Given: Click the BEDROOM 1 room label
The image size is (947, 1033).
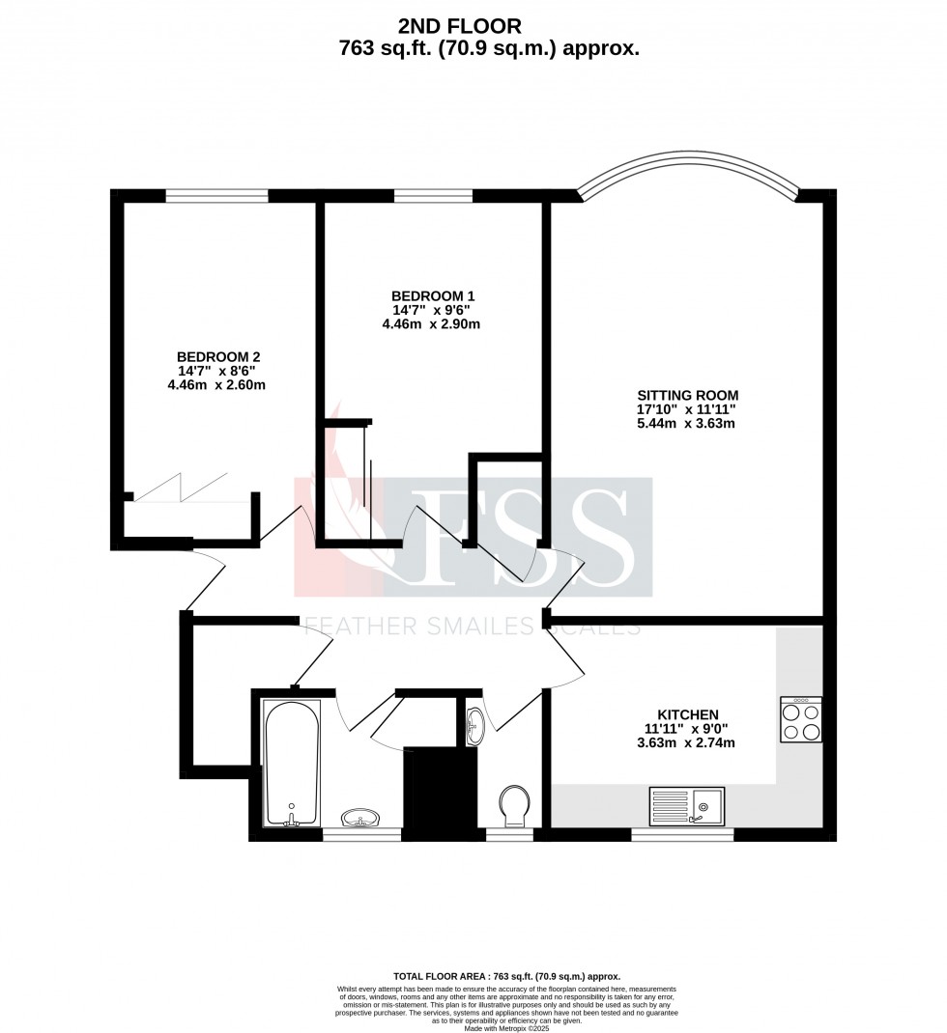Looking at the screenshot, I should pyautogui.click(x=432, y=295).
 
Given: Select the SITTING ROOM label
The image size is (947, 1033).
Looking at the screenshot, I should pyautogui.click(x=687, y=395).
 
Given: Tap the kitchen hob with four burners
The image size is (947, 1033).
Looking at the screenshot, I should pyautogui.click(x=801, y=720).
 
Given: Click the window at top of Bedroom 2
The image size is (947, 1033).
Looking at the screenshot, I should pyautogui.click(x=216, y=196).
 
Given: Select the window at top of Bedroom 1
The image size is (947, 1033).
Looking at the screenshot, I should pyautogui.click(x=433, y=196).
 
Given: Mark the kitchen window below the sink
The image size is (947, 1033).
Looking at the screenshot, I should pyautogui.click(x=682, y=833).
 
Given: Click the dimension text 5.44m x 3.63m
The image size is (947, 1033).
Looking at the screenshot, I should pyautogui.click(x=687, y=423).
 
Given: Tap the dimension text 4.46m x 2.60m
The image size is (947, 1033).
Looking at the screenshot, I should pyautogui.click(x=216, y=384).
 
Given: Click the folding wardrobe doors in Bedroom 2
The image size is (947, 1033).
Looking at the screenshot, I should pyautogui.click(x=181, y=487).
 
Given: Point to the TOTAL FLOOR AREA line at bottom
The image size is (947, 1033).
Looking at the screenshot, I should pyautogui.click(x=507, y=977).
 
